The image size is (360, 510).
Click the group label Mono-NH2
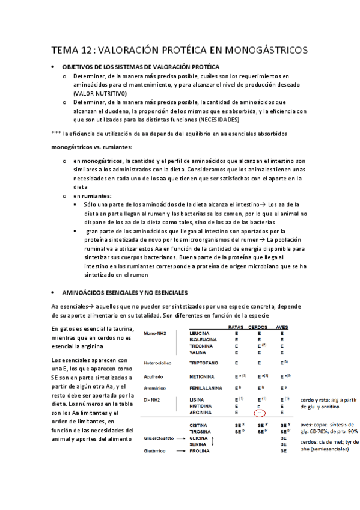[157, 333]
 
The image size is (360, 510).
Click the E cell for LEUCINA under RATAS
[236, 333]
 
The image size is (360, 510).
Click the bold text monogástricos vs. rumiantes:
[92, 147]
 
